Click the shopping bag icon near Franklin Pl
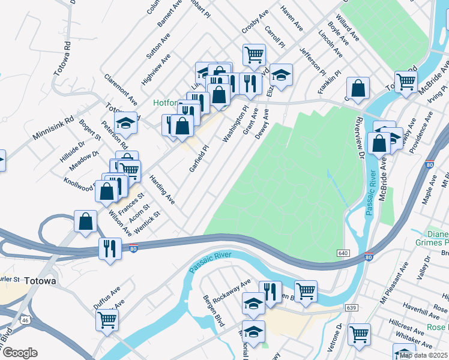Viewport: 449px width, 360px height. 358,89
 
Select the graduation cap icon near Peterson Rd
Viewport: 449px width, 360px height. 125,124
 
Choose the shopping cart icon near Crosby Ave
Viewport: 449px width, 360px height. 255,55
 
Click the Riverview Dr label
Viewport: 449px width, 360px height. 361,137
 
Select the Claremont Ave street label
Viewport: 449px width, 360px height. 121,91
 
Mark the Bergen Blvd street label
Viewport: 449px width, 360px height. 214,311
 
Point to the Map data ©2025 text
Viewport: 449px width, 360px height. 423,355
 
